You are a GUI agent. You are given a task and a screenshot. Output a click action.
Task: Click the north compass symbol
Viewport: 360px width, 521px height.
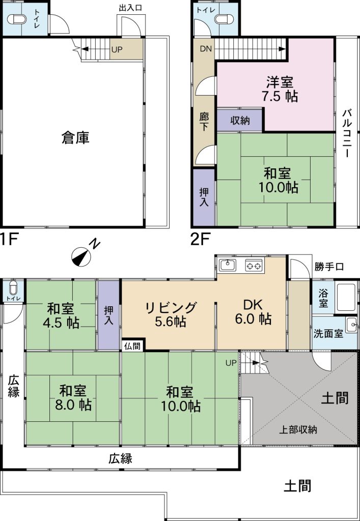click(x=82, y=255)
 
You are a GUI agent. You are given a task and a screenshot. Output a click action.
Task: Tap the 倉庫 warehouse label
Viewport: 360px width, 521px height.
click(x=75, y=137)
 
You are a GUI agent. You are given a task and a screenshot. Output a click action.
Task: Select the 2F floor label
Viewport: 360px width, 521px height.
click(x=201, y=238)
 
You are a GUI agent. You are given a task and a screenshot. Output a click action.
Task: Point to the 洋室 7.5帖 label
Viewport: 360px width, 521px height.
click(x=281, y=89)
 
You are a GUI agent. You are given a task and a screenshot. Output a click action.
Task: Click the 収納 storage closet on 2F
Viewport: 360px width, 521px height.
click(x=240, y=121)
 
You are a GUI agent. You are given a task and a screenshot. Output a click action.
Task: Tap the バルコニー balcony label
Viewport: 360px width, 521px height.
click(x=347, y=133)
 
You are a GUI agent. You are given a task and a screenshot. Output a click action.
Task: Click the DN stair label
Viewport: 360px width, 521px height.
click(x=205, y=49)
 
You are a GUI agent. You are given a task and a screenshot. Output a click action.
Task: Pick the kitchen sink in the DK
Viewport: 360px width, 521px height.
click(x=227, y=265)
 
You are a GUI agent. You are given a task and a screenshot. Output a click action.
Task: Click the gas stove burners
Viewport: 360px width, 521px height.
click(x=254, y=265)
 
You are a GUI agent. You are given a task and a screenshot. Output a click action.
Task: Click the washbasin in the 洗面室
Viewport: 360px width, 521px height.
click(x=351, y=324)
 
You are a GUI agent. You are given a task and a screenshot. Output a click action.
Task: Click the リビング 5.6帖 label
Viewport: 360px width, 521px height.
click(x=170, y=314)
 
